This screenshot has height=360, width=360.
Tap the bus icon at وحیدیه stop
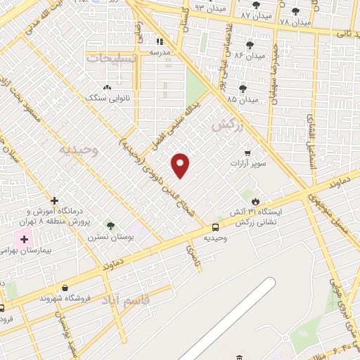coord(215,226)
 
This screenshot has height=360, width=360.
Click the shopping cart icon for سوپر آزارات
coord(247,153)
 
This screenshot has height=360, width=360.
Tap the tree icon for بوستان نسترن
coord(110,225)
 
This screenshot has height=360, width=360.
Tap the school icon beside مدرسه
coord(160,41)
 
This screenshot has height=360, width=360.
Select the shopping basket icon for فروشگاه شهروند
coord(65,288)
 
